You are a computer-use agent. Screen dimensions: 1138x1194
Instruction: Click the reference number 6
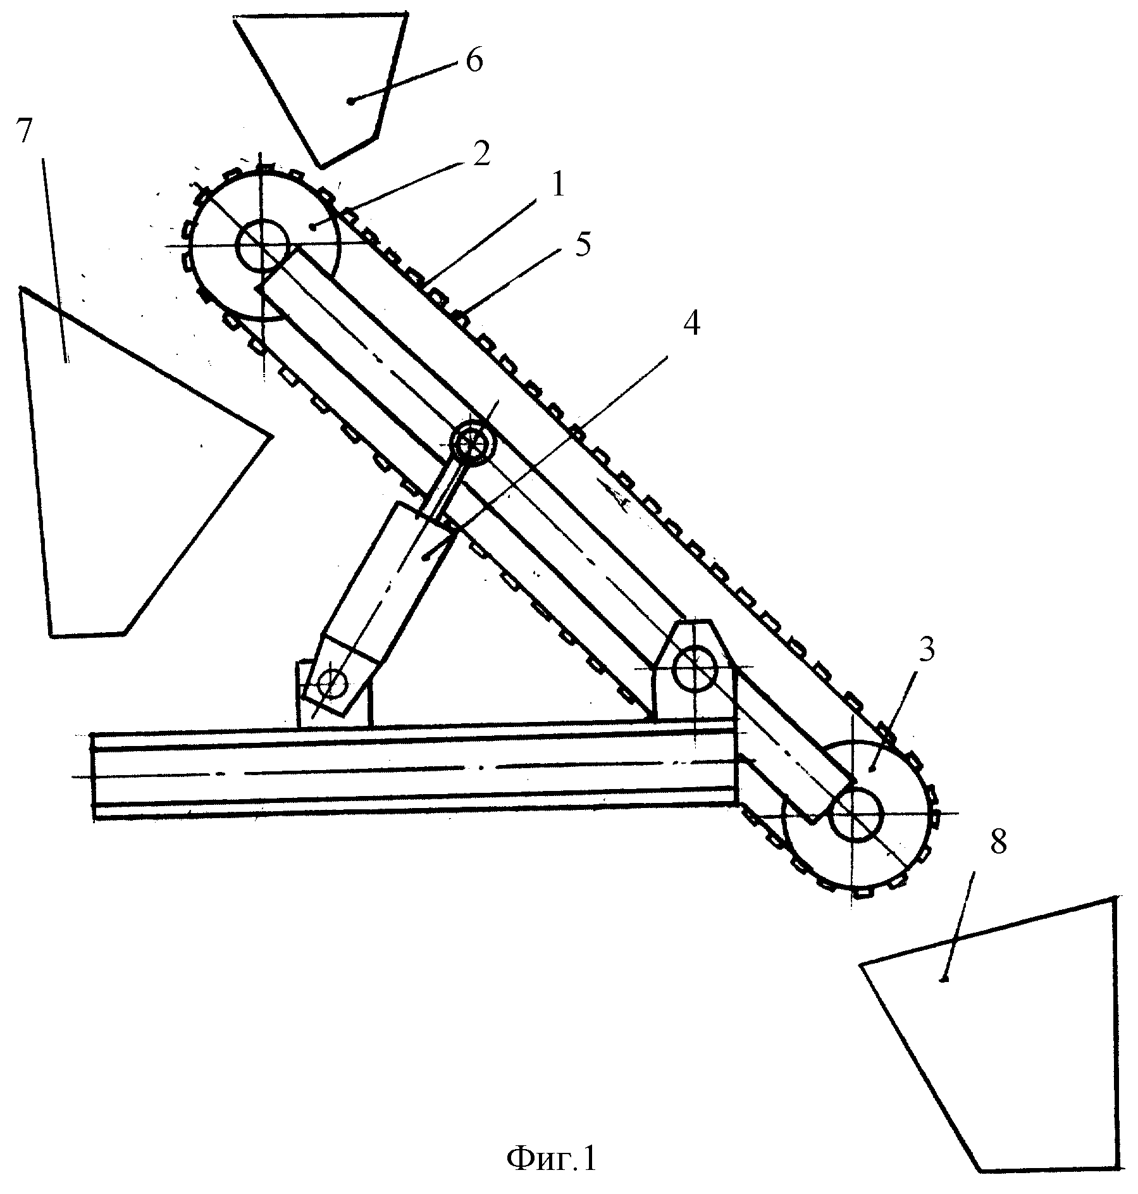click(x=473, y=61)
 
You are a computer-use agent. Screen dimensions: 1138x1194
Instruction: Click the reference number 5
click(x=583, y=244)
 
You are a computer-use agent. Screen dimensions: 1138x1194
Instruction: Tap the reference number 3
click(x=926, y=650)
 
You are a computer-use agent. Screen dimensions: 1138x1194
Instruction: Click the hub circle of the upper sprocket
click(x=263, y=246)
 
